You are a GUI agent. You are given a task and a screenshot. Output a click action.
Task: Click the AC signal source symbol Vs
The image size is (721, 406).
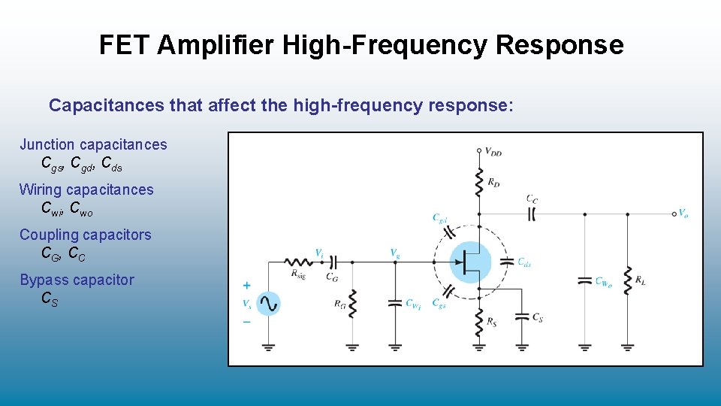[268, 304]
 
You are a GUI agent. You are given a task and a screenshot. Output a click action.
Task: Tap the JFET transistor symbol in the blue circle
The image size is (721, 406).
[470, 262]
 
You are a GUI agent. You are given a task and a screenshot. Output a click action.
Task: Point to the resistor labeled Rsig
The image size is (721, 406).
[299, 262]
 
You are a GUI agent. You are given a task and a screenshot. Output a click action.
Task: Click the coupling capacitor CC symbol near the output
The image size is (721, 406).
[532, 214]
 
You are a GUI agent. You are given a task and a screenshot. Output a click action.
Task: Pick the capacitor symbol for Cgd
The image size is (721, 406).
[450, 231]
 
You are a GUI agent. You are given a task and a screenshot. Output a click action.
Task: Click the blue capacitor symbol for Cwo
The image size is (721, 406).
[585, 281]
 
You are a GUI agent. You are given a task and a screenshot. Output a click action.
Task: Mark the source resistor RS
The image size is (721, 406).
[478, 323]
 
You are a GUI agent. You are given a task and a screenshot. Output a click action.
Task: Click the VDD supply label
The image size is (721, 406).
[493, 153]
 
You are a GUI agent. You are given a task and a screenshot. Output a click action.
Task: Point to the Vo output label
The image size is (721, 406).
[683, 214]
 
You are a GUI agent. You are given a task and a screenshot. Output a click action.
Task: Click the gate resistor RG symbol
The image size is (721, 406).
[352, 304]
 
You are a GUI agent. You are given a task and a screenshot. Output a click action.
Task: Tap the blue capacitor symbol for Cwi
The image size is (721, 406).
[395, 303]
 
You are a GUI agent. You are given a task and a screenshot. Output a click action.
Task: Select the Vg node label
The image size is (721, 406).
[395, 253]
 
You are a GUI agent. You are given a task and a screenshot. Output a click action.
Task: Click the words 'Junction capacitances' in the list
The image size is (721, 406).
[93, 144]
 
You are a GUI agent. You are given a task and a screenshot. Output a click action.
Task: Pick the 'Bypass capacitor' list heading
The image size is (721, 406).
[77, 280]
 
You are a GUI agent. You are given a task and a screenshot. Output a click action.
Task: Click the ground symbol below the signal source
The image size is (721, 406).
[268, 347]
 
